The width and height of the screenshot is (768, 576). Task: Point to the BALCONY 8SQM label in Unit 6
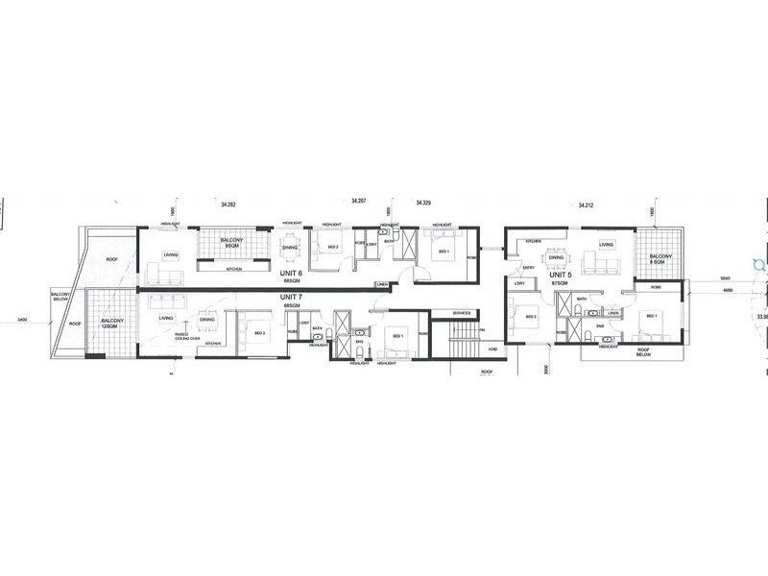pyautogui.click(x=230, y=244)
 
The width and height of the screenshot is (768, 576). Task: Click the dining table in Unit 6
pyautogui.click(x=289, y=251)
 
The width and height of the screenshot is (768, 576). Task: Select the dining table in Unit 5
pyautogui.click(x=554, y=257)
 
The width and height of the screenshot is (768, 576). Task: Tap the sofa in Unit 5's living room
pyautogui.click(x=606, y=261)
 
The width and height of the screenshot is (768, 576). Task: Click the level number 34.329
pyautogui.click(x=423, y=204)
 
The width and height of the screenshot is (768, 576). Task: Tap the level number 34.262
pyautogui.click(x=228, y=204)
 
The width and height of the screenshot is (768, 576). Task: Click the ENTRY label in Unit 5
pyautogui.click(x=528, y=267)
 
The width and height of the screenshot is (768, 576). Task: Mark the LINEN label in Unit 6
pyautogui.click(x=382, y=284)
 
